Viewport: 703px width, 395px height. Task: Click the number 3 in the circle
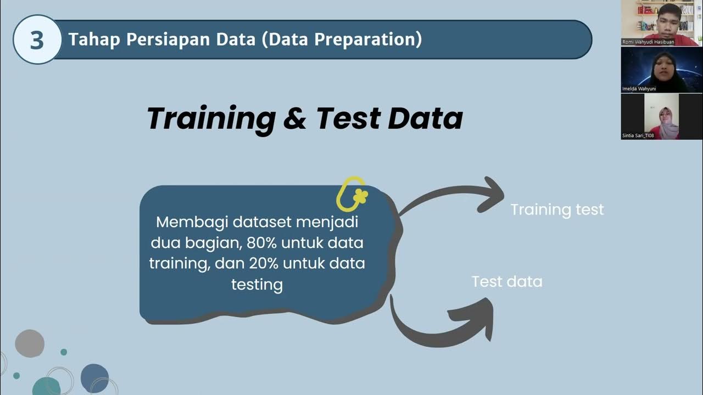click(36, 40)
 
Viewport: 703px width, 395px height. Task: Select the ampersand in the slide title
click(294, 118)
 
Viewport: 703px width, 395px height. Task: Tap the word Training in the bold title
click(211, 118)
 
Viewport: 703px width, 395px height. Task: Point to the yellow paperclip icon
click(351, 194)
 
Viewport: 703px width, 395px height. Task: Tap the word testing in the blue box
click(256, 284)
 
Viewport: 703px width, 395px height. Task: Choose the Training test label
click(557, 210)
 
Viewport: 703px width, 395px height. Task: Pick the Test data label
click(507, 281)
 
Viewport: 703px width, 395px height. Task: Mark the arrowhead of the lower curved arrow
click(476, 318)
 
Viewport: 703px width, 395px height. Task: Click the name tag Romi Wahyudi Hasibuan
click(648, 42)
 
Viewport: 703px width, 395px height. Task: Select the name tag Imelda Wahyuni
click(639, 88)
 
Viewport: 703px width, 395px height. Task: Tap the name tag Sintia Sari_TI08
click(638, 136)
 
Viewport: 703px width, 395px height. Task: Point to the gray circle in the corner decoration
click(30, 343)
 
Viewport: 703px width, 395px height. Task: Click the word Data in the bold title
click(425, 118)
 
